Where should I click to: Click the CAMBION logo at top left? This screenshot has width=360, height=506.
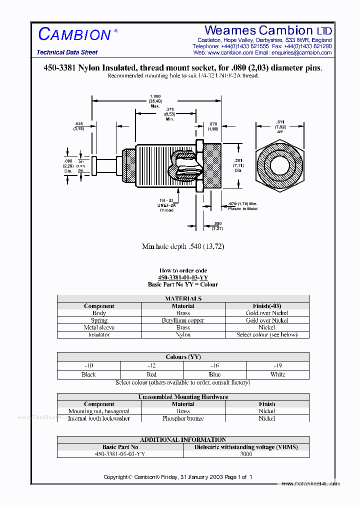coord(74,34)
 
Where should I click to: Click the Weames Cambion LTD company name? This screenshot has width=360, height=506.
coord(268,30)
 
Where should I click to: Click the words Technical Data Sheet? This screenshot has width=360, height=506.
coord(67,52)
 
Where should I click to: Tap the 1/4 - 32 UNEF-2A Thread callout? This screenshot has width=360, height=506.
coord(166,205)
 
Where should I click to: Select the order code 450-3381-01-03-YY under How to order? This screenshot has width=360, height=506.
coord(183,277)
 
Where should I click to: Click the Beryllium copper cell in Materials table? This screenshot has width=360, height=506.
coord(183,320)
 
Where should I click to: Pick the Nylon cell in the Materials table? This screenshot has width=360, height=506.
coord(183,334)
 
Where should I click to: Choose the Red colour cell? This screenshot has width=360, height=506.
coord(151,374)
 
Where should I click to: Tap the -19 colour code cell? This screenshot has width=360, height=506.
coord(277,366)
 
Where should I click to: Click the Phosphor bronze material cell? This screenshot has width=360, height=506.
coord(183,418)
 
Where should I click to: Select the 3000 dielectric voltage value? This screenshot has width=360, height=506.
coord(245,454)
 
